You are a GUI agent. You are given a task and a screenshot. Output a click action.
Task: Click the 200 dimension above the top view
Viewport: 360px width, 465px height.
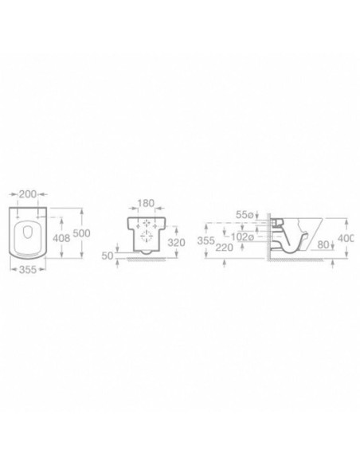tap(28, 194)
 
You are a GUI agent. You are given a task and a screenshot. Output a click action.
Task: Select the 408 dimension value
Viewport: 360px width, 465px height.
tap(61, 237)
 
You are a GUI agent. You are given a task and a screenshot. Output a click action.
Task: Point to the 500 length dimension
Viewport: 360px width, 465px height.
tap(81, 233)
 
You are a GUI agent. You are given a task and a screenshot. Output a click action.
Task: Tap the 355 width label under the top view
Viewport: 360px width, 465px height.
tap(28, 270)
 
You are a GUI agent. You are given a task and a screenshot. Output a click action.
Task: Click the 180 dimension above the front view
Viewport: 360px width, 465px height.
tap(147, 203)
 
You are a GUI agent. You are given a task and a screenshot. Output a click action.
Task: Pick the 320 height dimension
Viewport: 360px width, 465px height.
tap(177, 242)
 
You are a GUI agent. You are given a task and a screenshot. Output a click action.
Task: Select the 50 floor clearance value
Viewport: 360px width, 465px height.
tap(108, 256)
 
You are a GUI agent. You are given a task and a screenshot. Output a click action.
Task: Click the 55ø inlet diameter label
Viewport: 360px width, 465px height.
tap(245, 214)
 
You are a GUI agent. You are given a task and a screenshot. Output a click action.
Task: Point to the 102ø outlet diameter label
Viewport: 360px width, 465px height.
tap(242, 236)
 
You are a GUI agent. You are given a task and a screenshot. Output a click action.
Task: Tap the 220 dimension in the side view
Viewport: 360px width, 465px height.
tap(224, 247)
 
